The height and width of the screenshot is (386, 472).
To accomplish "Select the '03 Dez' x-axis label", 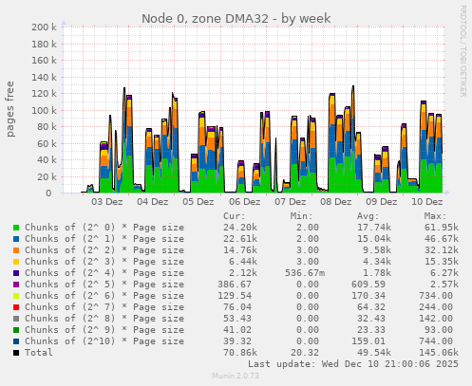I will pyautogui.click(x=106, y=202).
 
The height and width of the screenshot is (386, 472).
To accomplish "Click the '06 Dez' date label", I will pyautogui.click(x=245, y=202).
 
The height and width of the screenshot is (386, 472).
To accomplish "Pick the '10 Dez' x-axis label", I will pyautogui.click(x=427, y=202).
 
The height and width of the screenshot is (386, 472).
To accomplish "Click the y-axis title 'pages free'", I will pyautogui.click(x=11, y=109).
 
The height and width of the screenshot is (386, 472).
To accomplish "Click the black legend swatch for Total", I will pyautogui.click(x=16, y=353).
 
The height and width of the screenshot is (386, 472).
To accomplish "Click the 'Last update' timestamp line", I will pyautogui.click(x=352, y=363).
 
